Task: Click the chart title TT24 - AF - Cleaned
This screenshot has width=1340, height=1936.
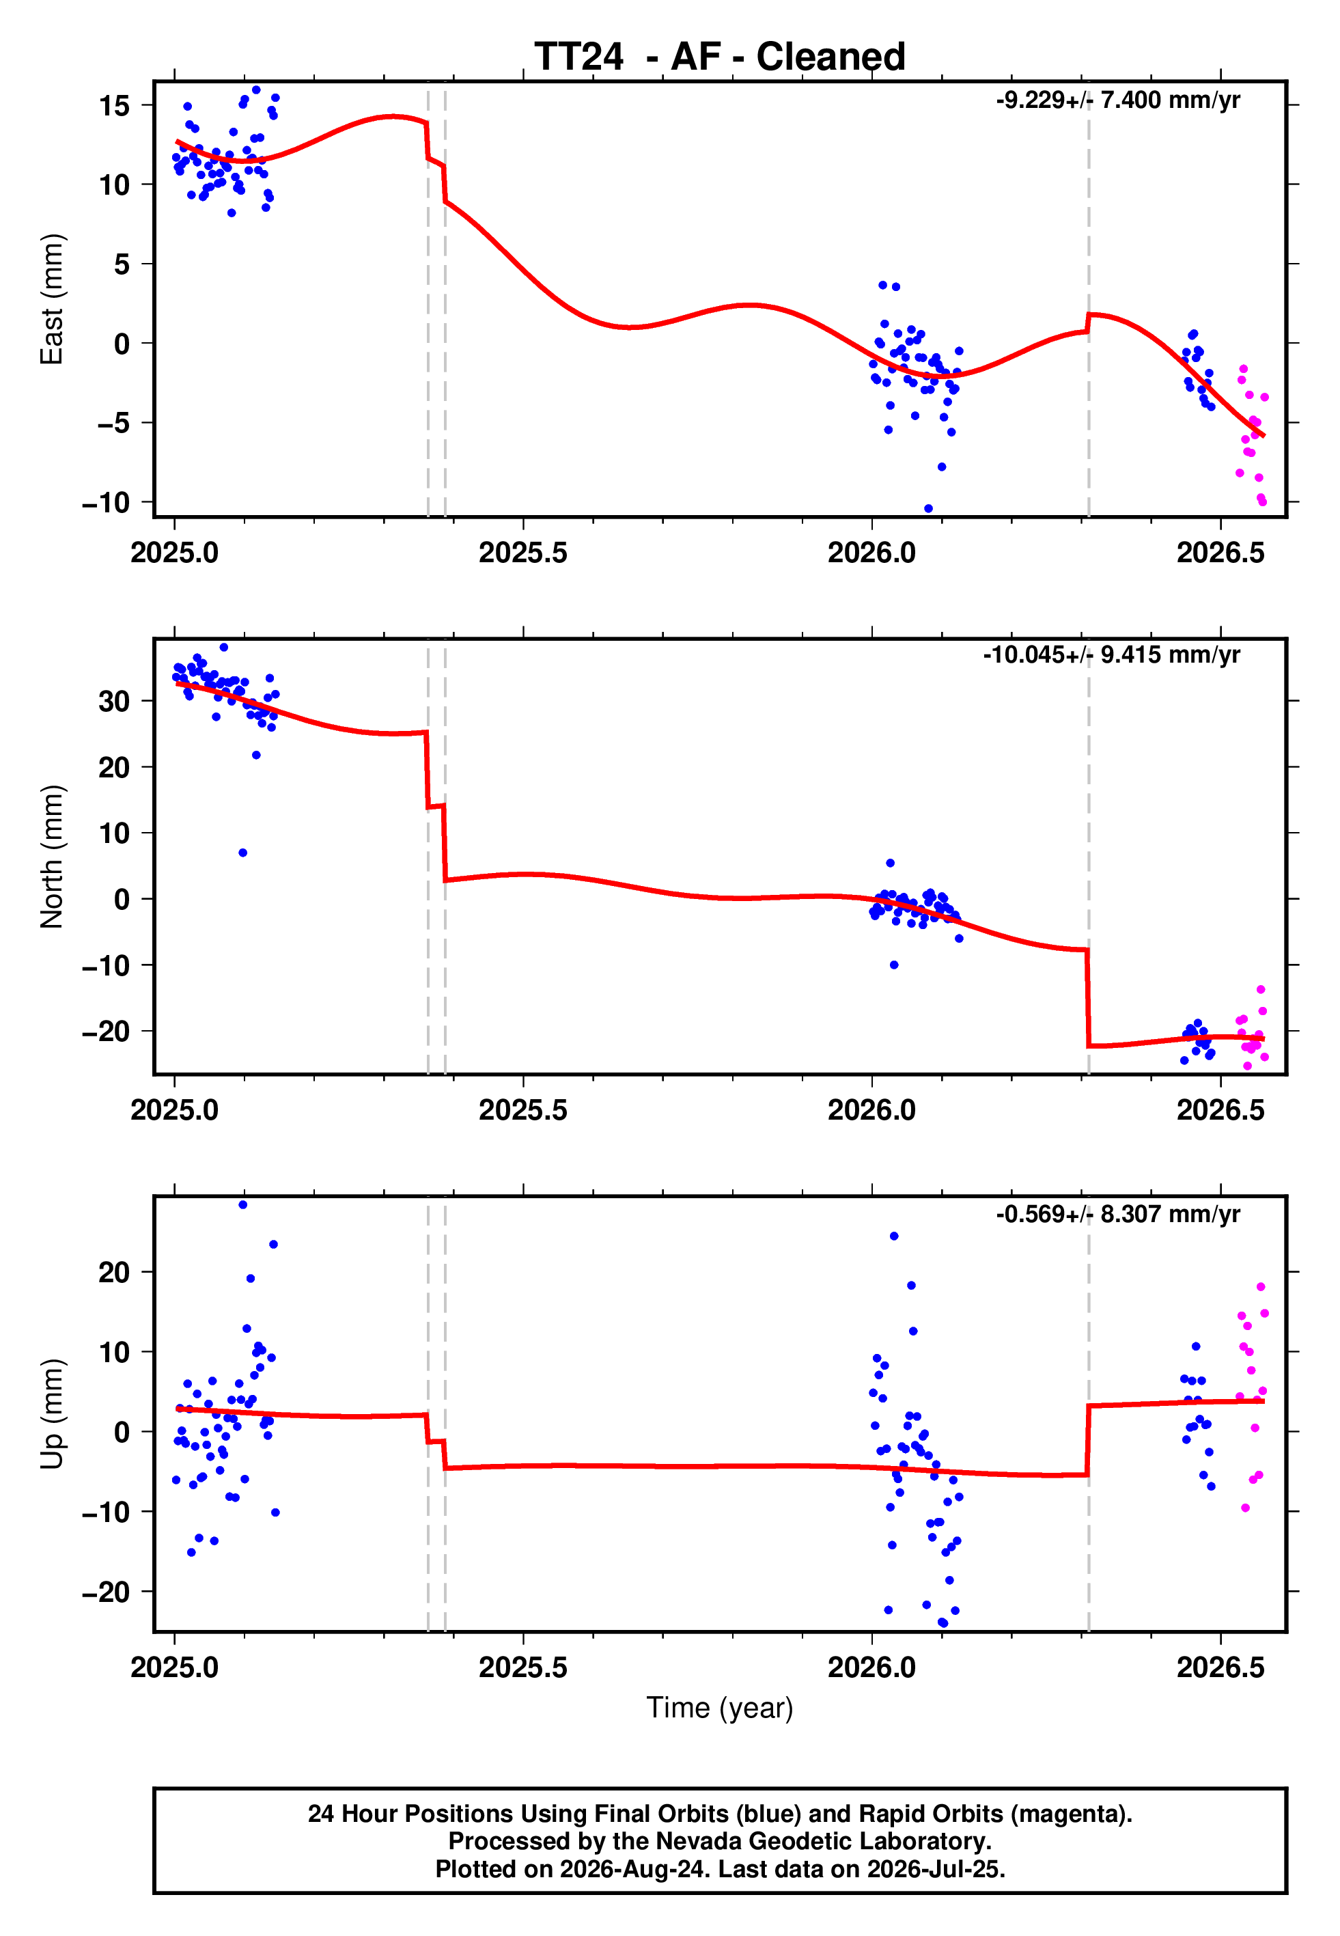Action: click(720, 57)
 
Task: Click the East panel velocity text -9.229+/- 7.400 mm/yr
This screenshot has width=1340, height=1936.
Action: click(1117, 100)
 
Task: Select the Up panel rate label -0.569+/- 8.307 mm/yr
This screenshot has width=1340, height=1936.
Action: click(1117, 1214)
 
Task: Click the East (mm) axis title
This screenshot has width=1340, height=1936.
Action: click(52, 299)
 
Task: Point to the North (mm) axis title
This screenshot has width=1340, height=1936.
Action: click(52, 857)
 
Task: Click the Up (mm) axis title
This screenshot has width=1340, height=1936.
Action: click(52, 1414)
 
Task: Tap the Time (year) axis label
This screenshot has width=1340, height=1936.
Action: click(720, 1709)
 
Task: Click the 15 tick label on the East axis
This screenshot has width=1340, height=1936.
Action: click(114, 106)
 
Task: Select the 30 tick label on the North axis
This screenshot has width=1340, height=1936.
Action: click(114, 701)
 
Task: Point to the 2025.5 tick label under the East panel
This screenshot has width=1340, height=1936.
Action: click(523, 553)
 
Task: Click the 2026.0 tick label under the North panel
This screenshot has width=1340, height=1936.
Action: click(871, 1110)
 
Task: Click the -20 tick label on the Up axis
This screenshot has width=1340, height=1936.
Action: click(107, 1592)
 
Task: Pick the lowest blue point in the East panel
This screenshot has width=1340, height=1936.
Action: click(927, 509)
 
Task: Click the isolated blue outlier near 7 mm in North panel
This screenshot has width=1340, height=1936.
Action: click(242, 853)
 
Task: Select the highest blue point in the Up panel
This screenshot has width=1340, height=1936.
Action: click(242, 1205)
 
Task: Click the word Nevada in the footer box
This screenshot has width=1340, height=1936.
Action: click(693, 1841)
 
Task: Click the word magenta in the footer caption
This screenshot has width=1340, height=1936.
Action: click(1066, 1814)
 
